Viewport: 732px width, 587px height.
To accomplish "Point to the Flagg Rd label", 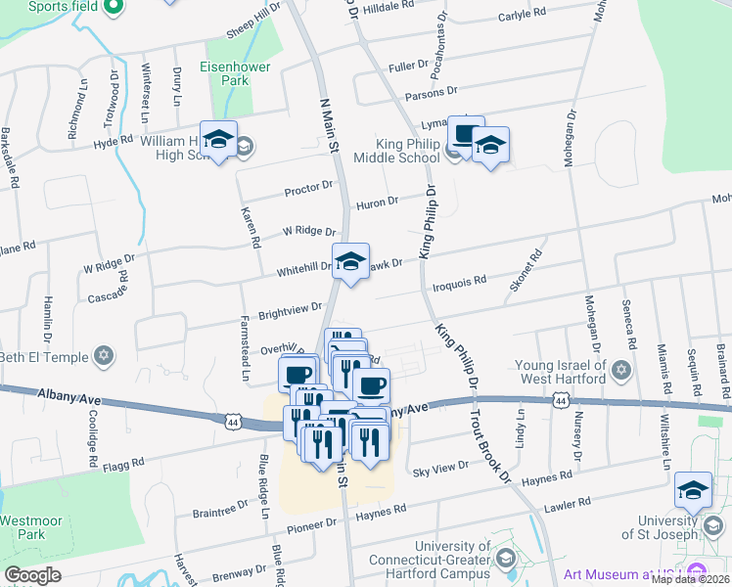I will click(x=123, y=461).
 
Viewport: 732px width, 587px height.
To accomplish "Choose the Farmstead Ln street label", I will click(x=246, y=347).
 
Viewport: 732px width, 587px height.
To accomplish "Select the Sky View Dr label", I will click(x=441, y=469).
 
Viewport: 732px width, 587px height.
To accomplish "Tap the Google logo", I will click(x=32, y=575).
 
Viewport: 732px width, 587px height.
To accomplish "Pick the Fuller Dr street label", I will click(x=409, y=68).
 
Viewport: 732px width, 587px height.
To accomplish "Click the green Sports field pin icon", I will click(x=113, y=7).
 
